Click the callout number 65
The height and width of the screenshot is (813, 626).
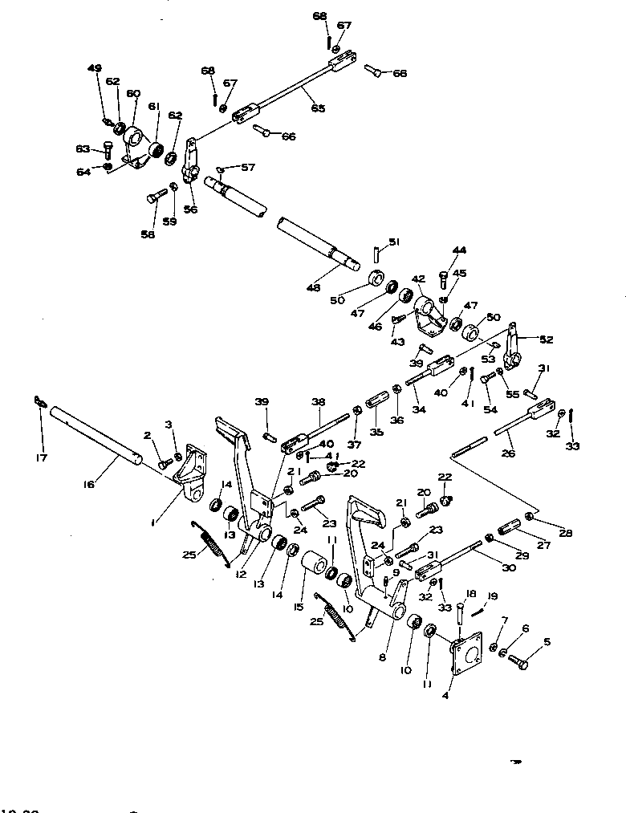(319, 108)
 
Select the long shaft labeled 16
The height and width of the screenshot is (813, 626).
(96, 437)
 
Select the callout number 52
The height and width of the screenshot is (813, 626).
(547, 340)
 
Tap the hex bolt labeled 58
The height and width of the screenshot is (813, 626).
(155, 195)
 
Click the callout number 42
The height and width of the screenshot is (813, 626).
(417, 280)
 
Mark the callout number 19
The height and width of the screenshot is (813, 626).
(492, 596)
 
